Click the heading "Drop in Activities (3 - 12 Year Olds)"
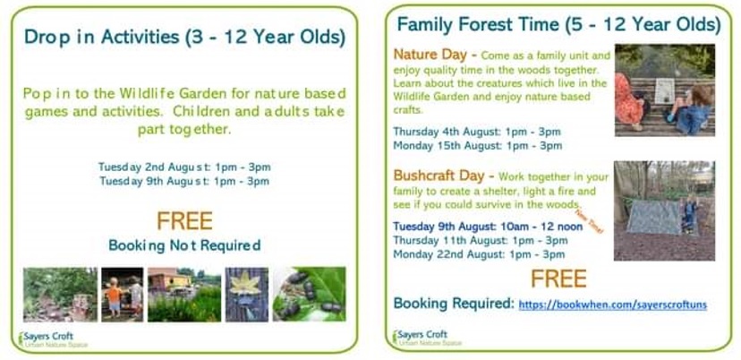[184, 37]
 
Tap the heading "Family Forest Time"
[478, 24]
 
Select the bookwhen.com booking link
[612, 304]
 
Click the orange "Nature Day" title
[432, 55]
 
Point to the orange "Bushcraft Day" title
[439, 176]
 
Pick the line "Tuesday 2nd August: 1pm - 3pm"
[184, 167]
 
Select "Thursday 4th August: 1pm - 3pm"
[477, 131]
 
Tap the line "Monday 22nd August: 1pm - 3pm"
[479, 254]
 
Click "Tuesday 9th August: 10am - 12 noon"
[488, 227]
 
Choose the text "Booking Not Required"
[184, 245]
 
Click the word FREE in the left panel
[184, 221]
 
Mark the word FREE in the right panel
[558, 279]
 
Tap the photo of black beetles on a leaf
[309, 295]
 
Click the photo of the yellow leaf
[247, 295]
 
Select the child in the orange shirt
[114, 296]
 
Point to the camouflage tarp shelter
[653, 217]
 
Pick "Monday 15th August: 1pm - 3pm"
[478, 146]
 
